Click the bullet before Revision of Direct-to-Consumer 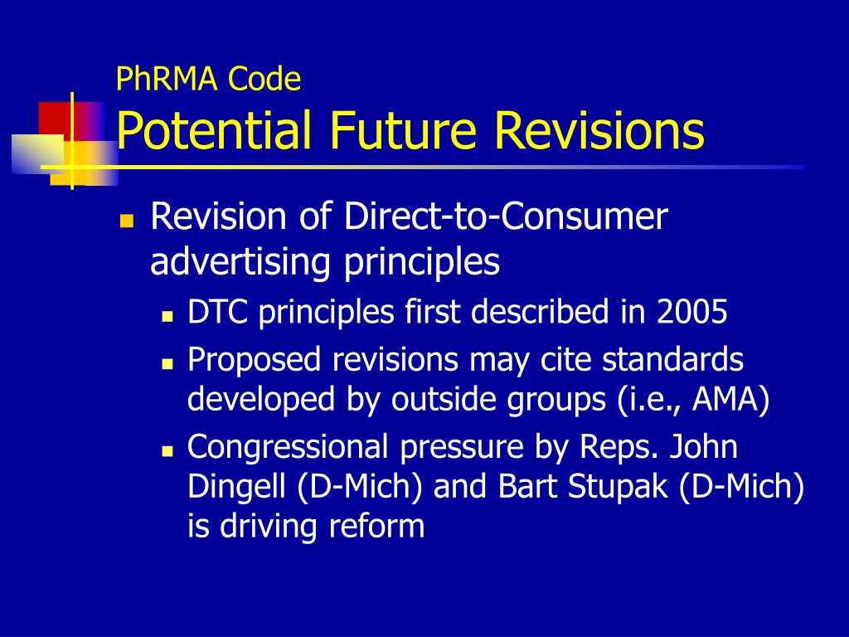[127, 221]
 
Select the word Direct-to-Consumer [507, 218]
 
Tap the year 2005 [692, 313]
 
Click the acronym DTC [217, 313]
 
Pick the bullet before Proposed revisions [166, 363]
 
